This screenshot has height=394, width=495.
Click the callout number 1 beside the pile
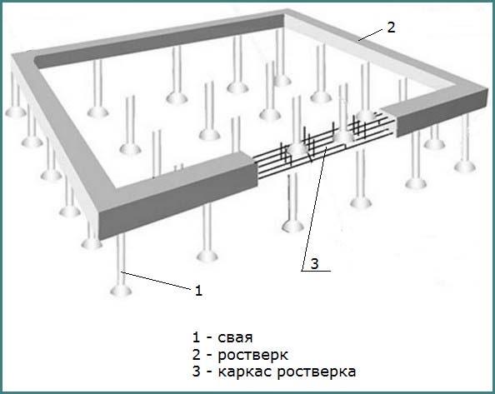198,290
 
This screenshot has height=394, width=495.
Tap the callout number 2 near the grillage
391,27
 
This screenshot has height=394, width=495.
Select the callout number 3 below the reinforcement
314,264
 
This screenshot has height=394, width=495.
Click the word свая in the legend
235,337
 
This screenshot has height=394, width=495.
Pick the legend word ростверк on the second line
252,356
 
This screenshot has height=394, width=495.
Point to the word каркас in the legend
245,372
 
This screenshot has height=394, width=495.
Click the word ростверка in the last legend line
317,372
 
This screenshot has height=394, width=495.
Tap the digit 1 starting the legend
196,337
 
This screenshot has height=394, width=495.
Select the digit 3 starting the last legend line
196,372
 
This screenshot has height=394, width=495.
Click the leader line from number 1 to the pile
157,280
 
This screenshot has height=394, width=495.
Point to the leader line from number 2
371,34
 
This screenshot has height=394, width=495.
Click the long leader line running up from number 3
313,209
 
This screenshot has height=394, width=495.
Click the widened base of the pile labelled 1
121,290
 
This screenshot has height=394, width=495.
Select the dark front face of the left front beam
177,199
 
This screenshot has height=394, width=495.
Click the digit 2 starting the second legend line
196,355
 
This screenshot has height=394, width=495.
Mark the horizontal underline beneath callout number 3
316,271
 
